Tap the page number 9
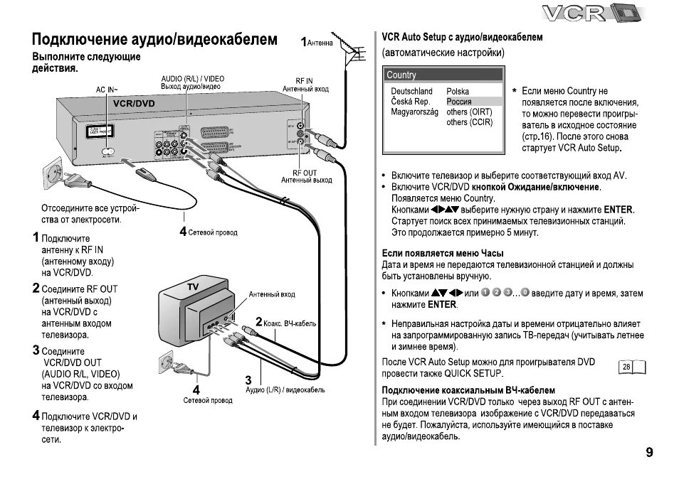[x=648, y=452]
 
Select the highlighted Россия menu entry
[x=458, y=102]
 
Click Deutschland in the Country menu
[x=411, y=92]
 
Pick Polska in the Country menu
[x=458, y=92]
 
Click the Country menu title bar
[x=443, y=75]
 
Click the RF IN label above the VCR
[x=304, y=81]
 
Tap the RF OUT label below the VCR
[x=305, y=173]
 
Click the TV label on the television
[x=192, y=286]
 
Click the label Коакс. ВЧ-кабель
[x=290, y=324]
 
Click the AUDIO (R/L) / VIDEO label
[x=192, y=78]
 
